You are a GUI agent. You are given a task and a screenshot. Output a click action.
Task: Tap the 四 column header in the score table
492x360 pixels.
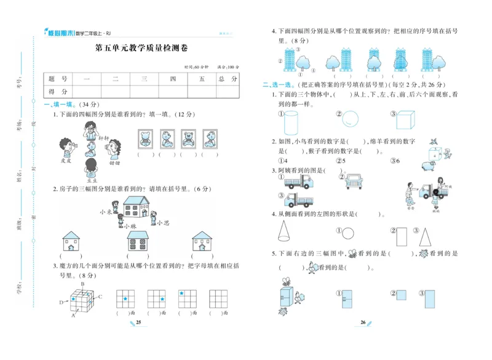173,79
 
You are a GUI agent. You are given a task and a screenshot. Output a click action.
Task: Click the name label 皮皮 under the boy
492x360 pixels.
66,161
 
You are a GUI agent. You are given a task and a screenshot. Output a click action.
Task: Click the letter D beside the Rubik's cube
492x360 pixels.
60,302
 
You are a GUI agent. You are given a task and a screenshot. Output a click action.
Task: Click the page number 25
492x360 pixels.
138,322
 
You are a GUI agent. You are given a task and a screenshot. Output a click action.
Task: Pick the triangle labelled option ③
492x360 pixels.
424,234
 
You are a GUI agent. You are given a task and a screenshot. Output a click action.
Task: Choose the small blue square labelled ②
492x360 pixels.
402,294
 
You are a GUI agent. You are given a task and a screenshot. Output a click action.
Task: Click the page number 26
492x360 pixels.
363,322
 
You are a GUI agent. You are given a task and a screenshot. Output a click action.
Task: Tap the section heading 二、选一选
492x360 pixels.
275,86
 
